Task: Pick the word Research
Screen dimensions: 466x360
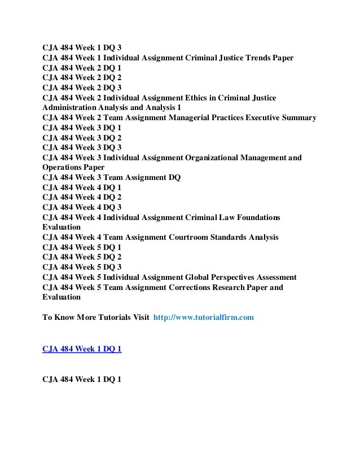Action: (241, 287)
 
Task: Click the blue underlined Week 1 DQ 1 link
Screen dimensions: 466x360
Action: (82, 349)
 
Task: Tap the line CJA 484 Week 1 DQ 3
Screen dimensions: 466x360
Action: (82, 49)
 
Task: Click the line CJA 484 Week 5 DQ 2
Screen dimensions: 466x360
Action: (82, 257)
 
